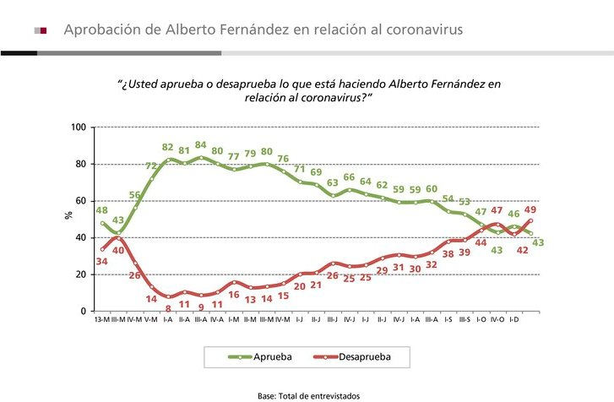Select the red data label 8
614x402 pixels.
168,333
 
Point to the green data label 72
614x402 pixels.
153,166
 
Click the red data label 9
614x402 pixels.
201,331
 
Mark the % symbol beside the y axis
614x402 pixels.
69,216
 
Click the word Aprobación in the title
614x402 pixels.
101,30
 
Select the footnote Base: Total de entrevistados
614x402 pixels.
308,395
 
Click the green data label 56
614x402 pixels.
135,195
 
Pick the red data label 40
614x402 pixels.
119,250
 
